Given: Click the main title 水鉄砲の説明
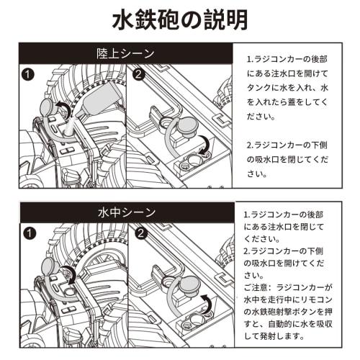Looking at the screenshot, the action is (x=180, y=19).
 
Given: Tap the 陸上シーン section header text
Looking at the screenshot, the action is (x=125, y=53).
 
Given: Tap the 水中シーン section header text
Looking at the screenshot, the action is (x=127, y=212).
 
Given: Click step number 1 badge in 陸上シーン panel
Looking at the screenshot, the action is (x=28, y=75).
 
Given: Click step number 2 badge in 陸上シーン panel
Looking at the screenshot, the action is (x=138, y=74).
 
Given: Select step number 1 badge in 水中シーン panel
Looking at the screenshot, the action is (x=30, y=233).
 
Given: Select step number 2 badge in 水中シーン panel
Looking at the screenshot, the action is (x=140, y=233).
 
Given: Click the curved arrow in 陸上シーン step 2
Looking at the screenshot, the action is (x=206, y=143).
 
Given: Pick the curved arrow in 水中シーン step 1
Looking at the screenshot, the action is (x=70, y=274).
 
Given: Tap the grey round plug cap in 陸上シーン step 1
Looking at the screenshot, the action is (x=49, y=107).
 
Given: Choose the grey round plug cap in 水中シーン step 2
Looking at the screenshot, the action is (x=190, y=284).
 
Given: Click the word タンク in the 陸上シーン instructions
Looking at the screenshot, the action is (x=259, y=88).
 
